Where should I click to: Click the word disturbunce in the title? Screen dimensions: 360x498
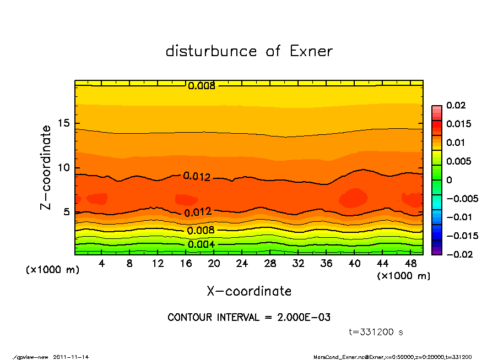[212, 51]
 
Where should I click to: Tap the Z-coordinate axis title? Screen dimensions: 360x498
[46, 167]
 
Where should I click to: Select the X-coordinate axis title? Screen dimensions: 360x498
[249, 291]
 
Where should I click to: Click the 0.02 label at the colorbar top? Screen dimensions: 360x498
[456, 105]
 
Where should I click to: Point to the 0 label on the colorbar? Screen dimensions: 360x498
[449, 180]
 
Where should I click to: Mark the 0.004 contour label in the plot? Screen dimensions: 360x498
[201, 244]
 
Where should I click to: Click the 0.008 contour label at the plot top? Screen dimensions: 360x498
[201, 86]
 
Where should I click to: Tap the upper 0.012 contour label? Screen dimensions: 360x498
[197, 177]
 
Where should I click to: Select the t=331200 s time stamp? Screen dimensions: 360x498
[376, 332]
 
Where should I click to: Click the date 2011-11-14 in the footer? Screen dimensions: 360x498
[71, 357]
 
